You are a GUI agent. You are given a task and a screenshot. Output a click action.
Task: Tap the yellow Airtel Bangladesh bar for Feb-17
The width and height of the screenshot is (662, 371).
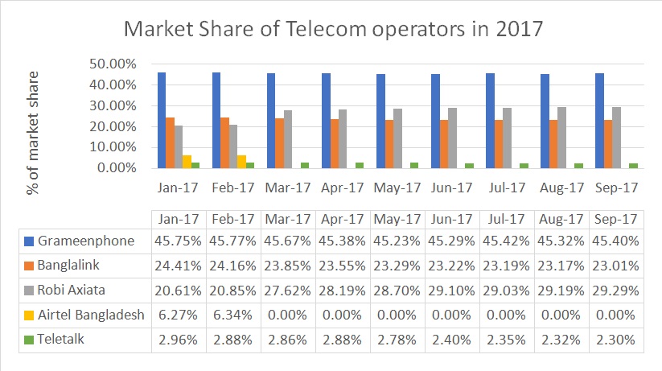tap(241, 162)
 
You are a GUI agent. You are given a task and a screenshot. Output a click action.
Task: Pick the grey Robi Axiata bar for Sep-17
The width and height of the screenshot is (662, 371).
tap(617, 138)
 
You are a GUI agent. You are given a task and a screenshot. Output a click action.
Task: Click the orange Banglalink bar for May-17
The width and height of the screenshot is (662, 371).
tap(389, 144)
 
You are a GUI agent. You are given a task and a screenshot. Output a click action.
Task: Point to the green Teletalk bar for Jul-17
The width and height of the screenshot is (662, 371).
tap(524, 166)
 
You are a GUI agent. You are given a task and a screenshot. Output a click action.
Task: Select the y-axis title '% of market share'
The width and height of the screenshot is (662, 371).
tap(33, 121)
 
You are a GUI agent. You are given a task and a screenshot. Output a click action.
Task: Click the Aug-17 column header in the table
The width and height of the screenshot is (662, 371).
tap(561, 219)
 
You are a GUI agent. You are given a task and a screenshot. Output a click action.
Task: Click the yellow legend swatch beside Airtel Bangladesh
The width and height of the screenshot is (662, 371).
tap(28, 315)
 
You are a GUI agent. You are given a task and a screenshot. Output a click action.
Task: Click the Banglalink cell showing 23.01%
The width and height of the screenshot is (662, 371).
tap(616, 266)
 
